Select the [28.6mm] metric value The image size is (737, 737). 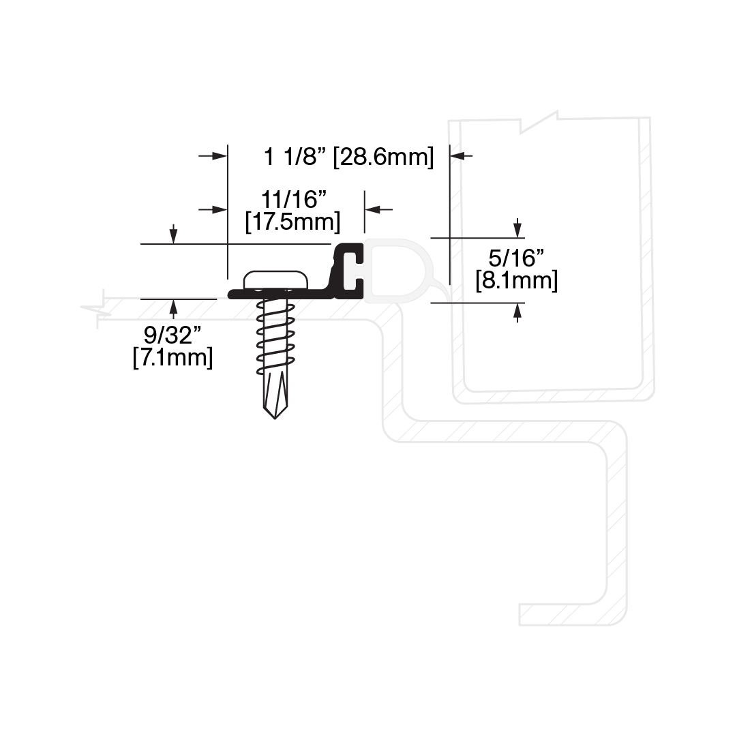click(383, 157)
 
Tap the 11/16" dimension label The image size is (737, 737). click(293, 200)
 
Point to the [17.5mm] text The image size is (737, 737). click(292, 222)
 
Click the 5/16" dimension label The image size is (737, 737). click(516, 258)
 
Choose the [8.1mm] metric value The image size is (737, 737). click(517, 281)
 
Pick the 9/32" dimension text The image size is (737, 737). click(172, 335)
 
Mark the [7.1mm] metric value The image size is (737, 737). click(172, 357)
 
